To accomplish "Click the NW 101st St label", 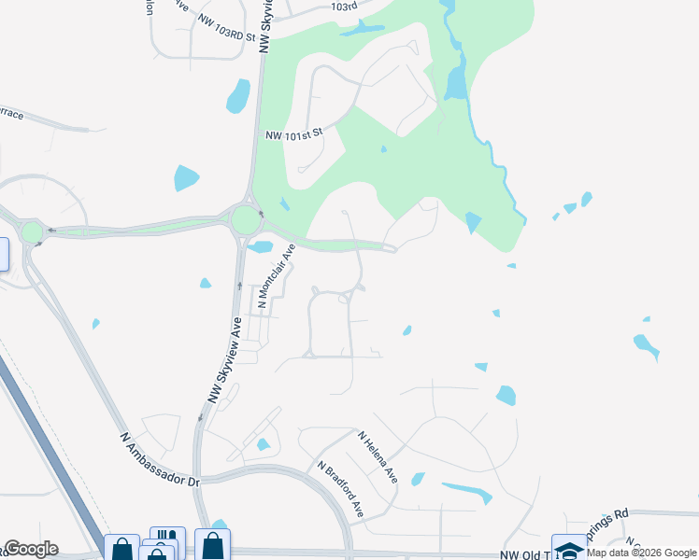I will pyautogui.click(x=294, y=133).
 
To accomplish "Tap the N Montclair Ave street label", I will pyautogui.click(x=276, y=276).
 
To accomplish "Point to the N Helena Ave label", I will pyautogui.click(x=378, y=456).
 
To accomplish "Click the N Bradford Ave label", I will pyautogui.click(x=340, y=490).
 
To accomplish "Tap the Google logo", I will pyautogui.click(x=31, y=549).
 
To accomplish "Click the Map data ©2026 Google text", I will pyautogui.click(x=641, y=553).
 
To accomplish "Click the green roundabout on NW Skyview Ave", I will pyautogui.click(x=246, y=221).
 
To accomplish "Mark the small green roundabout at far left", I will pyautogui.click(x=33, y=231).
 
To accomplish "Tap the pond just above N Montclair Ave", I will pyautogui.click(x=262, y=247).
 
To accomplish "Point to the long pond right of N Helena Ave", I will pyautogui.click(x=467, y=491).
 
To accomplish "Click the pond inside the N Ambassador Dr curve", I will pyautogui.click(x=263, y=445).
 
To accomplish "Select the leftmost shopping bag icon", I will pyautogui.click(x=121, y=549).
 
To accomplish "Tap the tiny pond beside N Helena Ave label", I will pyautogui.click(x=417, y=480).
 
